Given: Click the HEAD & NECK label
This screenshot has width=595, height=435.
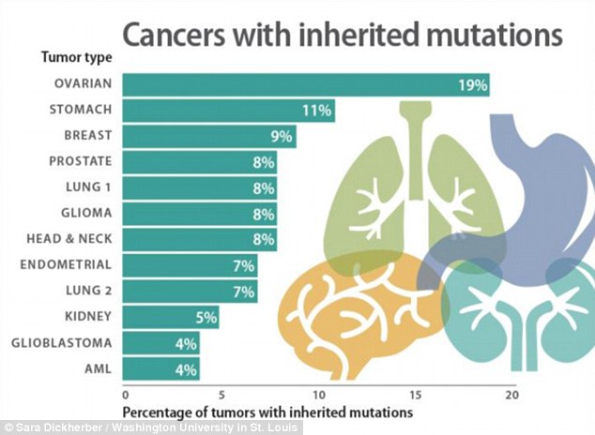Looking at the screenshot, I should coord(70,239).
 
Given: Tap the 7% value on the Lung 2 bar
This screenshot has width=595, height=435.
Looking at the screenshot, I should coord(244,292).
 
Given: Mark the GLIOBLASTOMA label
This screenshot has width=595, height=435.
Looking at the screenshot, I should coord(64,343).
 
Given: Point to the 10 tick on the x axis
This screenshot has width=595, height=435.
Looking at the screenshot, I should coord(318,395).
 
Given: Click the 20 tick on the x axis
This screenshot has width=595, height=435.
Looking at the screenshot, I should coord(511,395).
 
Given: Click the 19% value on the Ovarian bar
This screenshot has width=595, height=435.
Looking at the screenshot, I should coord(472,85).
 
